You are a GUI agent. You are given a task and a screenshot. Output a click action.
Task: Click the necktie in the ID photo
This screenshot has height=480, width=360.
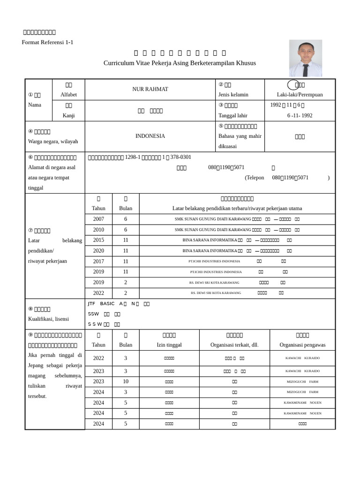pos(306,69)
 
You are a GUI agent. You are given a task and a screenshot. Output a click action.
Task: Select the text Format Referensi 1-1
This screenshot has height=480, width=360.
pos(47,42)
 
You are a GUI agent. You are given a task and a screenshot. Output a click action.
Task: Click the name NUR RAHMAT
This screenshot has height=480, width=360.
pos(150,89)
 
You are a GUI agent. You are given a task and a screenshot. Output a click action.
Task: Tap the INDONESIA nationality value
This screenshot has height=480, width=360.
pos(150,136)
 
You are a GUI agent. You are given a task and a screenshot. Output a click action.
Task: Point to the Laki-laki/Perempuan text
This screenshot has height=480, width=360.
pos(300,95)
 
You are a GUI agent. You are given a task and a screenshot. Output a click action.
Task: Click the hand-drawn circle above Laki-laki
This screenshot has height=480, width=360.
pos(294,85)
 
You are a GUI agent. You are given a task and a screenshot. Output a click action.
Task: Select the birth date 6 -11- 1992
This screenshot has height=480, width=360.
pos(300,115)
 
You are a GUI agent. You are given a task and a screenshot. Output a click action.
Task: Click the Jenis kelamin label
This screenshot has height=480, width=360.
pos(233,95)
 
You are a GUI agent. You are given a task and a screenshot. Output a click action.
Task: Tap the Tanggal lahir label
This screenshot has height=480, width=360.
pos(232,115)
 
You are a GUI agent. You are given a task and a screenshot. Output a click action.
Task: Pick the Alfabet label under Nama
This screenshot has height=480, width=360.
pos(68,95)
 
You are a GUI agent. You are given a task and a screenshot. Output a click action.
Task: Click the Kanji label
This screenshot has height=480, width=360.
pos(68,115)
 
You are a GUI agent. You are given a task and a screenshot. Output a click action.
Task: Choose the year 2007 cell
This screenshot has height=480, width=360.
pos(98,219)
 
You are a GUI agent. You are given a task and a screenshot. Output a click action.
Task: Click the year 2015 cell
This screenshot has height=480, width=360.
pos(98,240)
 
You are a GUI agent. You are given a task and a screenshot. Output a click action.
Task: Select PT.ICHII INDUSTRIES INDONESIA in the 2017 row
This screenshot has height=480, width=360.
pos(214,261)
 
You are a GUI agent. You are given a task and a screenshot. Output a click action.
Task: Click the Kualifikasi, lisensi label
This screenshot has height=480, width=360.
pos(48,319)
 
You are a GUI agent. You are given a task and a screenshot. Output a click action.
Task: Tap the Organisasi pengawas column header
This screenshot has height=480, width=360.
pos(302,345)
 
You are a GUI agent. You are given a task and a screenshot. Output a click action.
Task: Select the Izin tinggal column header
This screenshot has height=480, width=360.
pos(169,345)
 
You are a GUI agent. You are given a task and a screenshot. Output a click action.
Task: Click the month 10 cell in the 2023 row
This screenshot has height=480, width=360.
pos(126,382)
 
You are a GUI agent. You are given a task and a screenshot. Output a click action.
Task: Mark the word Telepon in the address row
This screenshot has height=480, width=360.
pos(255,178)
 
